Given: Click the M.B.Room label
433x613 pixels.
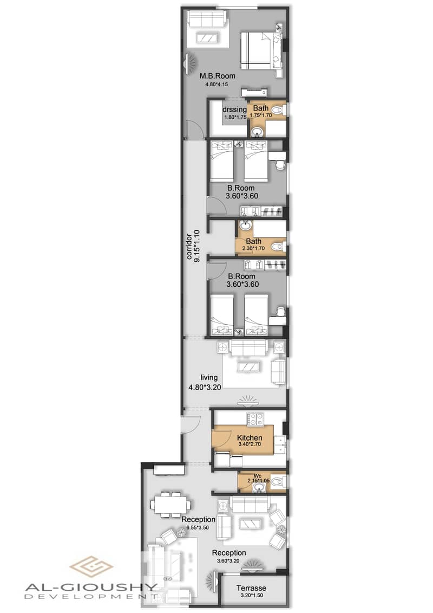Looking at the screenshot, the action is (218, 76).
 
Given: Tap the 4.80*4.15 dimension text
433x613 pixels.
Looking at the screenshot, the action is (216, 84).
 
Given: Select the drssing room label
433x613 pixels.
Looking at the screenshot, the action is (234, 109).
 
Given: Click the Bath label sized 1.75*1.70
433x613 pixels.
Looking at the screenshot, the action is (261, 108).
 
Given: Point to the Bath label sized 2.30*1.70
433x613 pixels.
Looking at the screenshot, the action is (253, 241).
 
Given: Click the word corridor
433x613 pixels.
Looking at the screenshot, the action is (189, 247).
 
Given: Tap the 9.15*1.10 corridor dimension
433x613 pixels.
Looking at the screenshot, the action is (196, 246).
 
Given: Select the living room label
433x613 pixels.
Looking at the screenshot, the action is (209, 378).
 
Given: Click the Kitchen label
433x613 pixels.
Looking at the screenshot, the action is (250, 438).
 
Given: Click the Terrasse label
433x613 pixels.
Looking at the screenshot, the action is (251, 588).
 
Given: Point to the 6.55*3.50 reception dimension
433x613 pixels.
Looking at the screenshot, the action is (197, 527).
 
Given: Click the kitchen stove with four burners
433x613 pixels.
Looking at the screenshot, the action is (255, 419).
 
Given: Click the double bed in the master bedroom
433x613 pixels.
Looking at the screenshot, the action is (261, 50).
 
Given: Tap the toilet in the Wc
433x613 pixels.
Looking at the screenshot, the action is (278, 481).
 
